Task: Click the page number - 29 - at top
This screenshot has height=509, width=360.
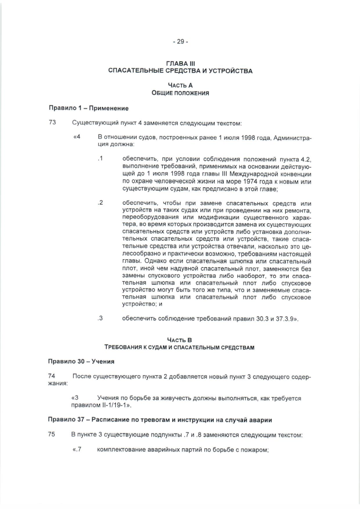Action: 180,42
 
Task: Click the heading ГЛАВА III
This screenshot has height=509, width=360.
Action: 180,64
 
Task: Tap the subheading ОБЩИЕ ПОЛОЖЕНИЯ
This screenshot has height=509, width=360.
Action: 180,92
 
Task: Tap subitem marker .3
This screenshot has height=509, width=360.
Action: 101,318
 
